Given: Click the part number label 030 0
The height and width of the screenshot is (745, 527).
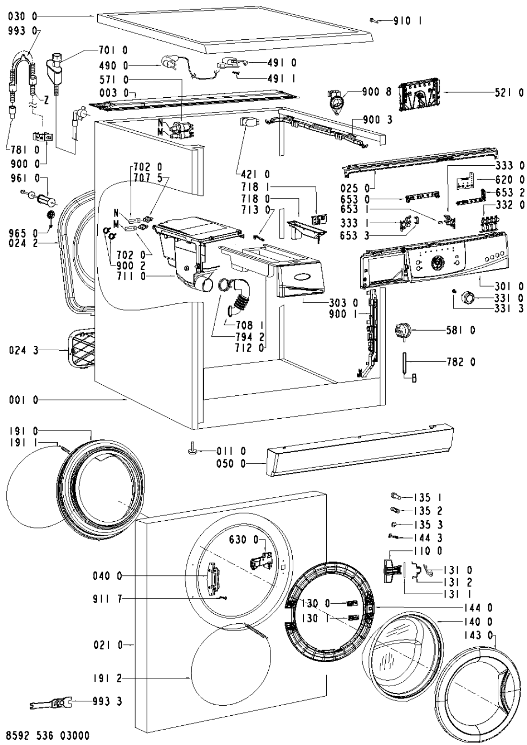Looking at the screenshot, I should [23, 17].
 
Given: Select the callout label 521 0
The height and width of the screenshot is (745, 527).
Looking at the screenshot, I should [509, 93].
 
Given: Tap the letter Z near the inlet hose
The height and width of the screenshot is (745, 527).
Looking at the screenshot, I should [46, 100].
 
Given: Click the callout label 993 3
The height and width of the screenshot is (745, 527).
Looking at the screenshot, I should [107, 702].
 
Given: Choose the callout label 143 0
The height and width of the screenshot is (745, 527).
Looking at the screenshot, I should [479, 635].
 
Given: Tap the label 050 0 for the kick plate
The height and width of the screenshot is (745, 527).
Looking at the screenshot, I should [232, 464].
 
